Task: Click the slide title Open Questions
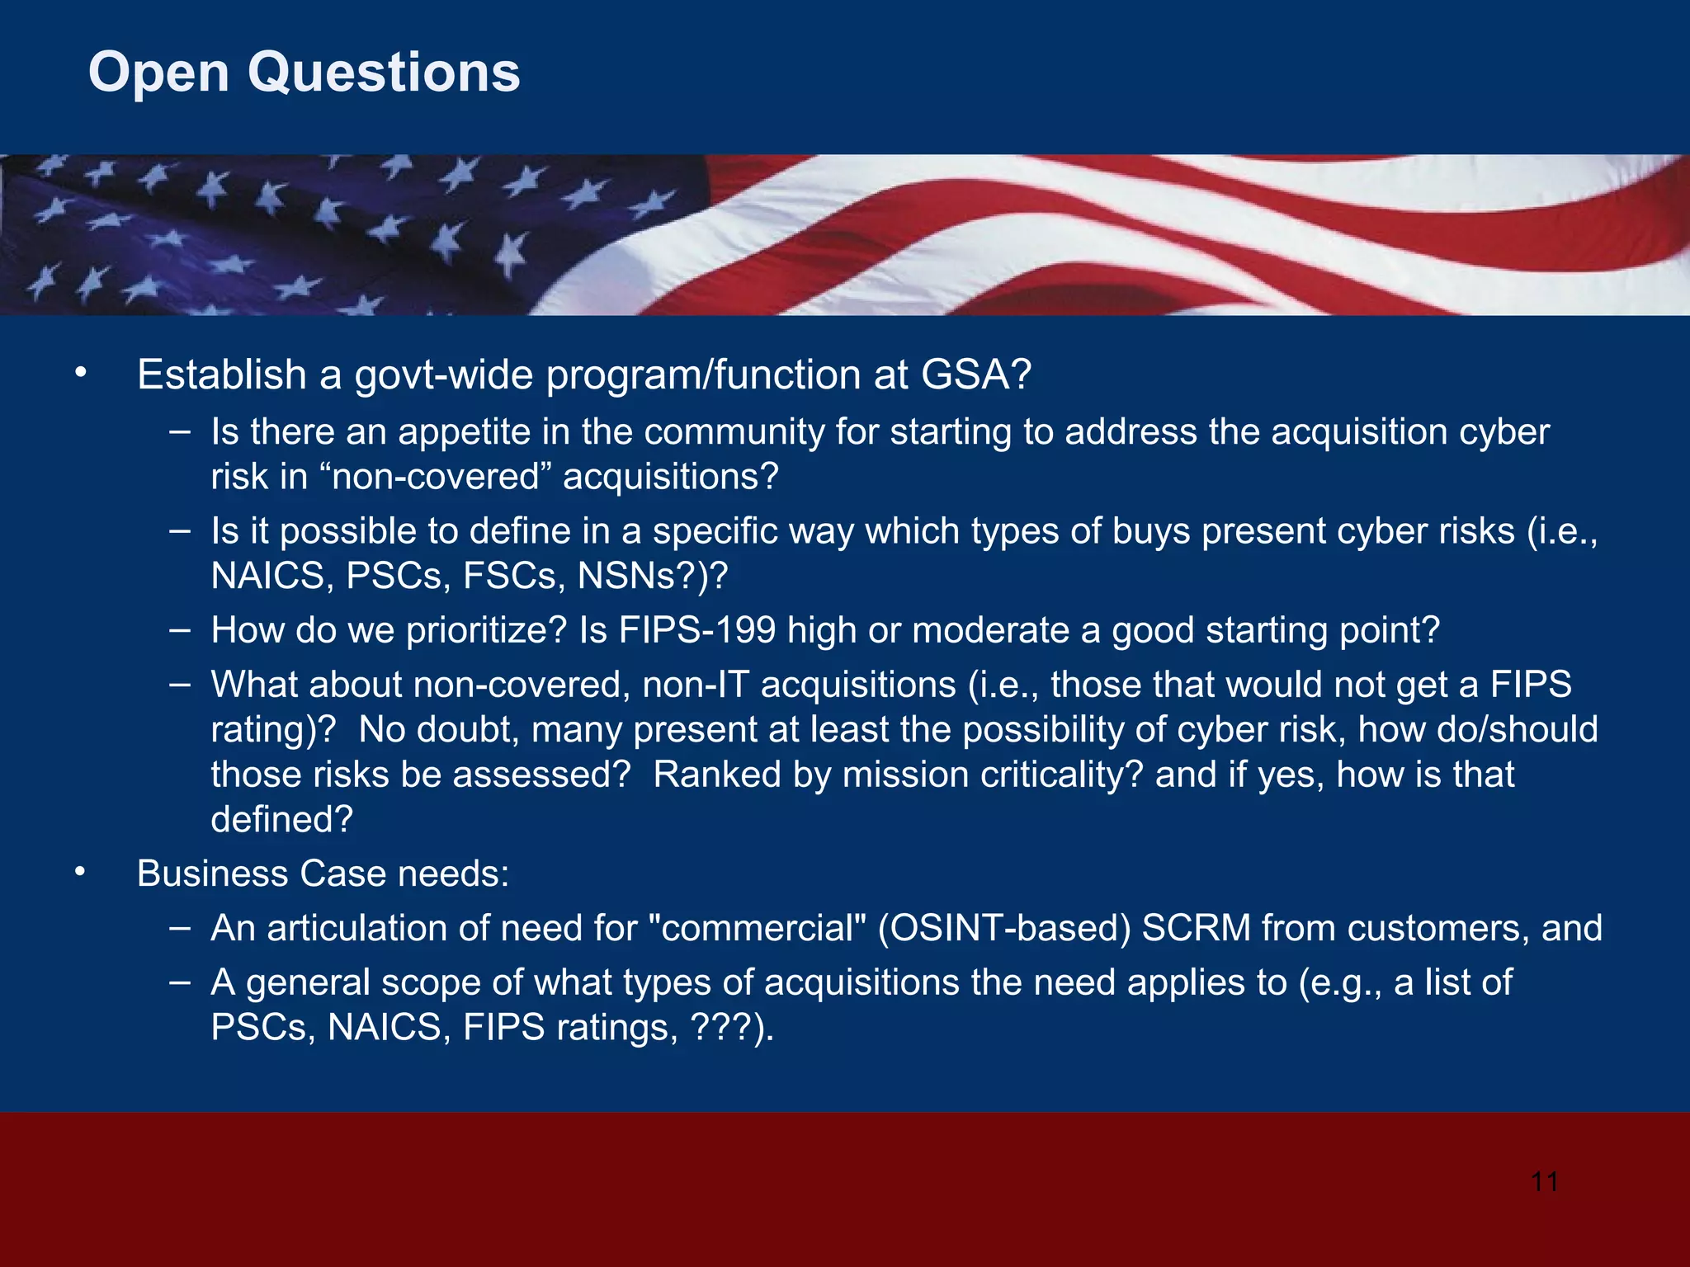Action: (304, 73)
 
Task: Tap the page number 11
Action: (1544, 1181)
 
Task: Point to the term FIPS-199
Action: (697, 630)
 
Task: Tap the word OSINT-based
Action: (1003, 928)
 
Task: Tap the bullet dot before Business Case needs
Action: (80, 873)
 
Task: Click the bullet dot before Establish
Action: (80, 374)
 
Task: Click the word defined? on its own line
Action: (281, 819)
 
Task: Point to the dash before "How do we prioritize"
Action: (179, 629)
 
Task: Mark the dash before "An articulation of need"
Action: (179, 927)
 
